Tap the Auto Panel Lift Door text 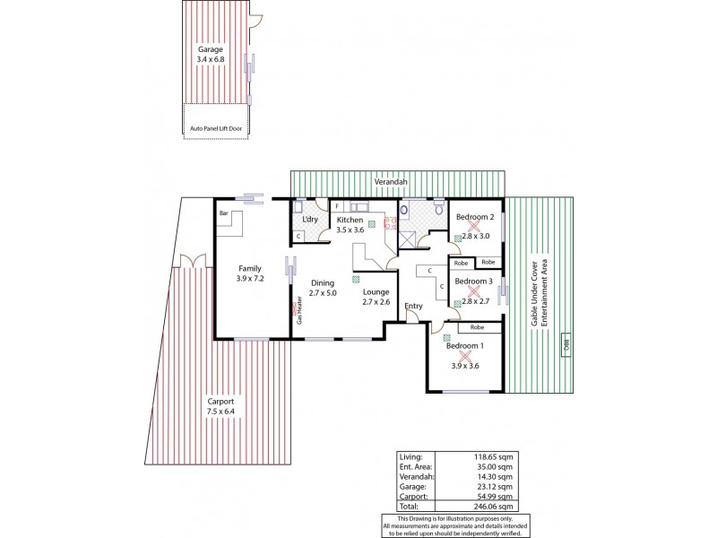216,128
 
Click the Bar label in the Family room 224,213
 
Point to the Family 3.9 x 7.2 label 249,273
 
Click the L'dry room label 310,220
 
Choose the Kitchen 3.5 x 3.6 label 350,225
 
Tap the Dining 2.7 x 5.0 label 322,288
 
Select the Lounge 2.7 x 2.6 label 376,297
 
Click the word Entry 413,307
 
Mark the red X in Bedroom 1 464,356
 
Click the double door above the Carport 187,261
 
